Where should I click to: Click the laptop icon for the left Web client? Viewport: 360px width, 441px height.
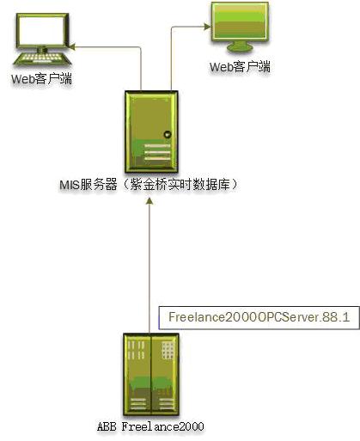42,40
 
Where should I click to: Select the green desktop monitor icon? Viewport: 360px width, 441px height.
240,28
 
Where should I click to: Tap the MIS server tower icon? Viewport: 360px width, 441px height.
151,132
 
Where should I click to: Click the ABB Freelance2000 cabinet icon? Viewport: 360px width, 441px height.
151,374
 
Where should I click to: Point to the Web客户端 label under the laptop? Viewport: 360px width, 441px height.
42,79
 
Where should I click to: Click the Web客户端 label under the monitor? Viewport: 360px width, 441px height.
240,67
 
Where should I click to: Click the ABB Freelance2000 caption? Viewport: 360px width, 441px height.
150,426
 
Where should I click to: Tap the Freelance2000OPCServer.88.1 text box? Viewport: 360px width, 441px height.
259,317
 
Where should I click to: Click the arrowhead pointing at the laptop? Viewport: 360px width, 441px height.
71,46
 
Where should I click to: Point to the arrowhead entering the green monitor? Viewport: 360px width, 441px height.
207,27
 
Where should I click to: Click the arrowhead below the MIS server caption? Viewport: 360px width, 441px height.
149,201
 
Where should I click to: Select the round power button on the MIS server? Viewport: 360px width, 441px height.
168,134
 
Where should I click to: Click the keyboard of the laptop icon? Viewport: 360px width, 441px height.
42,58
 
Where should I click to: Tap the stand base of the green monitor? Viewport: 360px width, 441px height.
240,47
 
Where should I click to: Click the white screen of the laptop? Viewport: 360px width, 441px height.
42,31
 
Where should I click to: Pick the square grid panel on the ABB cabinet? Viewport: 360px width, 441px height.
168,350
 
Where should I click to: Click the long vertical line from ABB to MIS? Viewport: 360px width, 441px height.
149,269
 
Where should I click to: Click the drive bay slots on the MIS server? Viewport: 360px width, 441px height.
157,152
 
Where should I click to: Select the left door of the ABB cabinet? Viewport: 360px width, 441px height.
137,374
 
